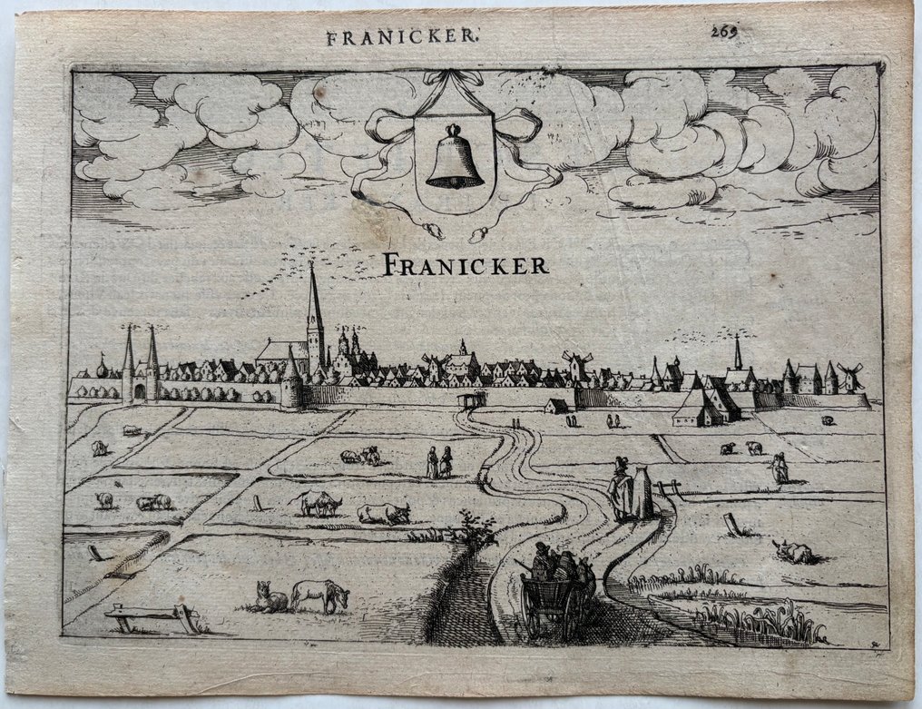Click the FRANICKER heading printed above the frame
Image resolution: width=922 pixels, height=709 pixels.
402,37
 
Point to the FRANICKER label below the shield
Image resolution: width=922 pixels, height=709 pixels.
466,265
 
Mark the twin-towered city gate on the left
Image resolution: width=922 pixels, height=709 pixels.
140,368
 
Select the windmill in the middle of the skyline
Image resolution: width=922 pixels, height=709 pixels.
577,365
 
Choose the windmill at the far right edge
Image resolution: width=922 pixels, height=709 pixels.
850,376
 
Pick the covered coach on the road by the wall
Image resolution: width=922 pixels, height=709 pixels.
473,399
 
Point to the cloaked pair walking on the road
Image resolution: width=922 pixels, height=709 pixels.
631,490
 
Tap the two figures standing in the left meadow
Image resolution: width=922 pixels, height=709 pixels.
439,462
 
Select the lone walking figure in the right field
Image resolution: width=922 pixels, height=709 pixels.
779,467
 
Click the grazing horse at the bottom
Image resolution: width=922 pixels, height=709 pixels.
320,595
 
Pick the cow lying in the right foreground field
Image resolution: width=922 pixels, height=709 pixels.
792,550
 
